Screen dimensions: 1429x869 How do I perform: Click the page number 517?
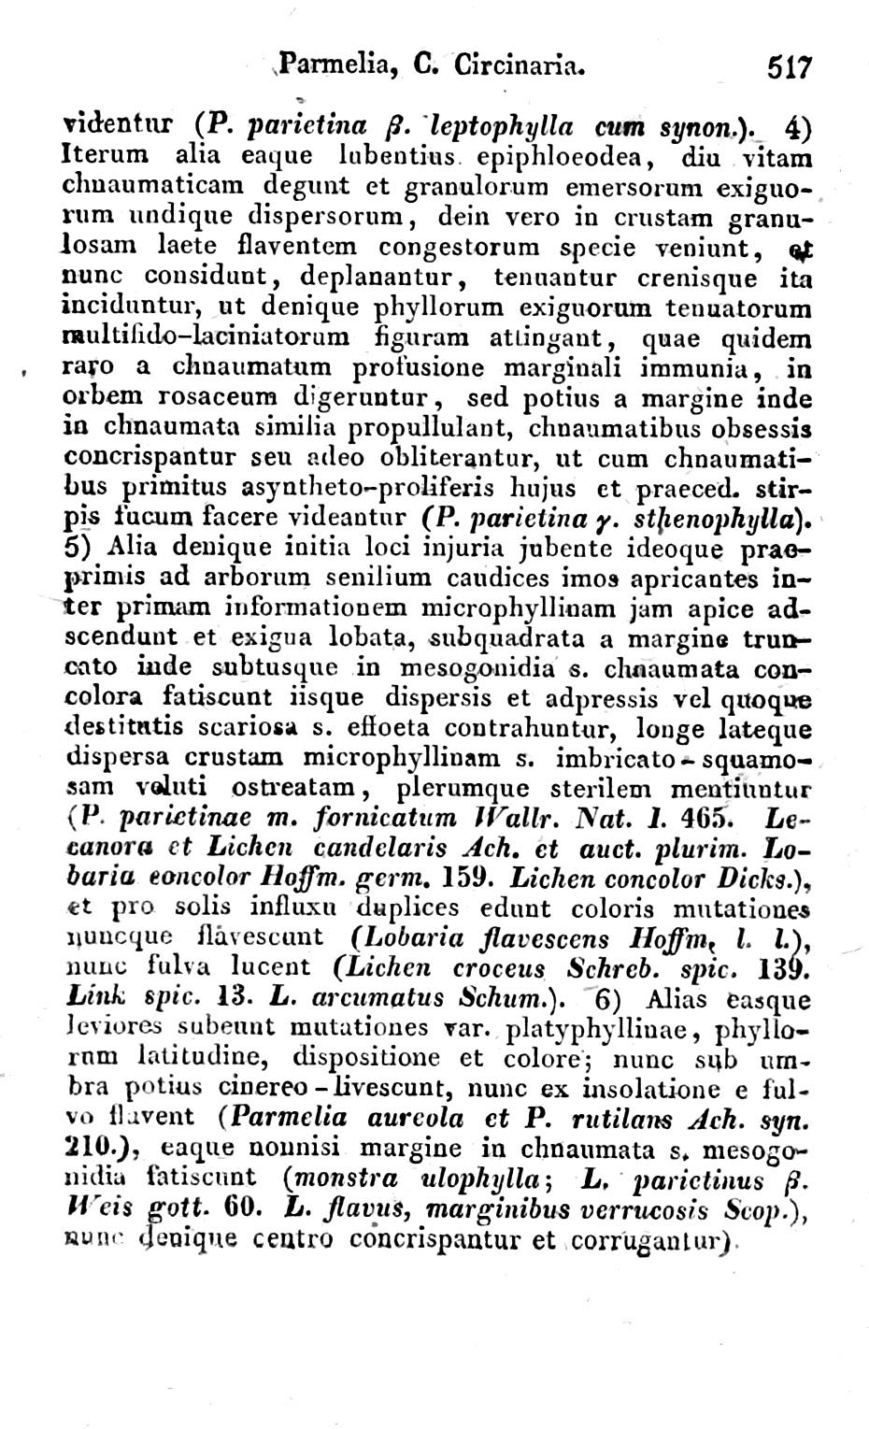(x=791, y=68)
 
